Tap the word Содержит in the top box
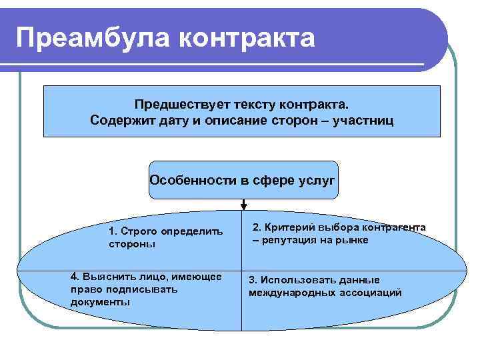point(117,121)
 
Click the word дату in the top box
point(175,121)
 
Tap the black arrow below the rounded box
point(245,205)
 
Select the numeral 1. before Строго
point(113,231)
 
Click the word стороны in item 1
point(131,244)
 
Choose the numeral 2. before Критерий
point(257,227)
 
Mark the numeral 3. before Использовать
point(253,280)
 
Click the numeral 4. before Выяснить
point(75,277)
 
